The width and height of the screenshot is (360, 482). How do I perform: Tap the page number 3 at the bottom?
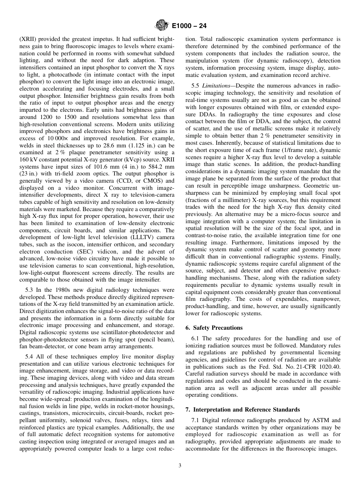(180, 465)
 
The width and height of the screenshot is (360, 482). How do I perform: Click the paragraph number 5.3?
(30, 290)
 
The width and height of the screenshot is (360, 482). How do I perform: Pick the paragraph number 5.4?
(30, 357)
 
